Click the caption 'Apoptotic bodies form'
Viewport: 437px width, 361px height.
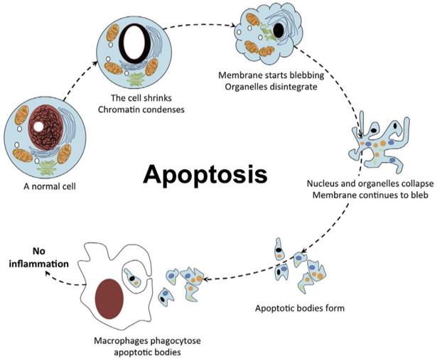pos(292,309)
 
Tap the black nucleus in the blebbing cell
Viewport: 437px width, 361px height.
pos(281,31)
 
